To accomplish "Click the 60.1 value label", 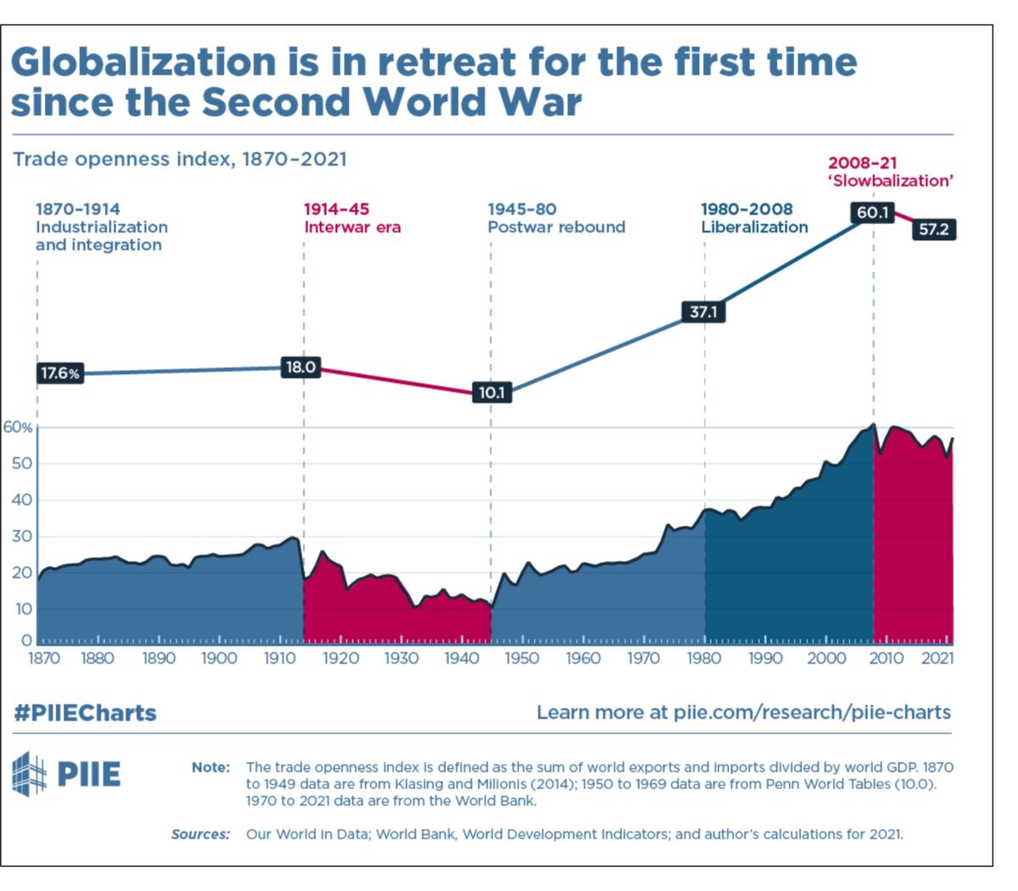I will (872, 212).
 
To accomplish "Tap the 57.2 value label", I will (933, 229).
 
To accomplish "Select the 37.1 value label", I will (703, 311).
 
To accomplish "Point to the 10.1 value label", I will (491, 393).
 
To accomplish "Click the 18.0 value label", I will (300, 367).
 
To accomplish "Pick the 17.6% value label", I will (59, 373).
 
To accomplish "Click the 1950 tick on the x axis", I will (522, 658).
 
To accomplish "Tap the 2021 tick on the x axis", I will (937, 658).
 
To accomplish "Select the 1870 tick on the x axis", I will (44, 658).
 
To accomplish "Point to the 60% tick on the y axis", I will (18, 428).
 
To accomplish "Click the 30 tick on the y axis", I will (21, 536).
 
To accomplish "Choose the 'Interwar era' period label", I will (352, 227).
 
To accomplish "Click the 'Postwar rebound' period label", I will (556, 227).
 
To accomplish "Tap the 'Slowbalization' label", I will (891, 181).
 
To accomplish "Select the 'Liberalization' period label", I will (754, 227).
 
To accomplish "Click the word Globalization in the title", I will (144, 63).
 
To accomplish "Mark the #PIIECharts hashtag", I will (85, 713).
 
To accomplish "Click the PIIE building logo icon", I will (30, 773).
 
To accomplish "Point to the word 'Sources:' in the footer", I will (200, 834).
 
